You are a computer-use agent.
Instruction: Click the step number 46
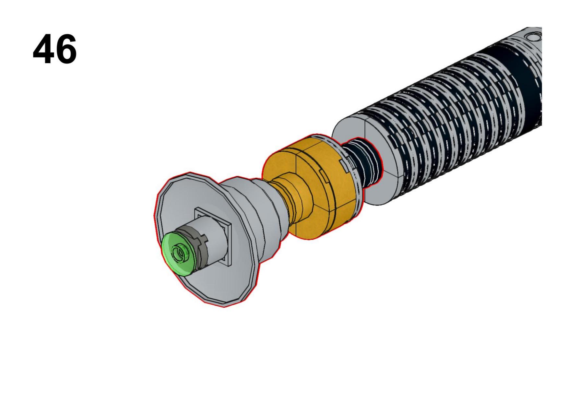click(x=55, y=50)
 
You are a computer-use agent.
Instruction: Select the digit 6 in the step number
click(x=66, y=50)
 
